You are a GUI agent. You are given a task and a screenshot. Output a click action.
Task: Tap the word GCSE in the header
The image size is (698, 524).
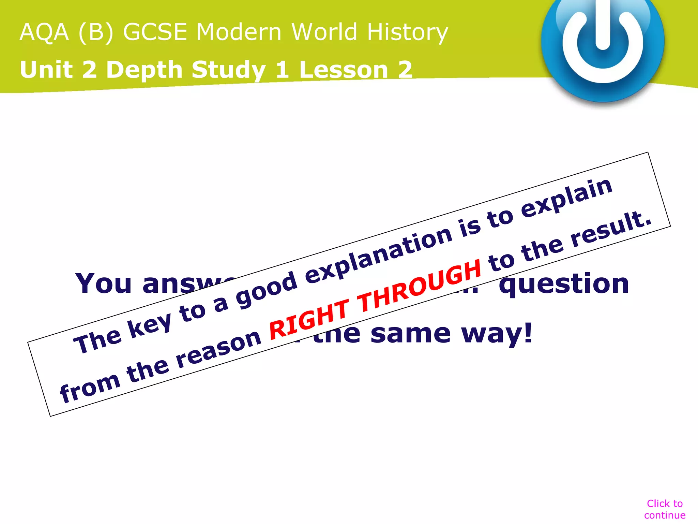[155, 32]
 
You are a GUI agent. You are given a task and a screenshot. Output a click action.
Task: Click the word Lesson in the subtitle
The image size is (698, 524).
[344, 70]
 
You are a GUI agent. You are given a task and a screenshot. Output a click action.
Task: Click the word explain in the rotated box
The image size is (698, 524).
[567, 198]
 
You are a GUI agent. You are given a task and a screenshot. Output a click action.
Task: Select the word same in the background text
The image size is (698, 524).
[410, 334]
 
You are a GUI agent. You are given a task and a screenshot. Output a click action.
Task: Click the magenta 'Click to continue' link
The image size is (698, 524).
[665, 509]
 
